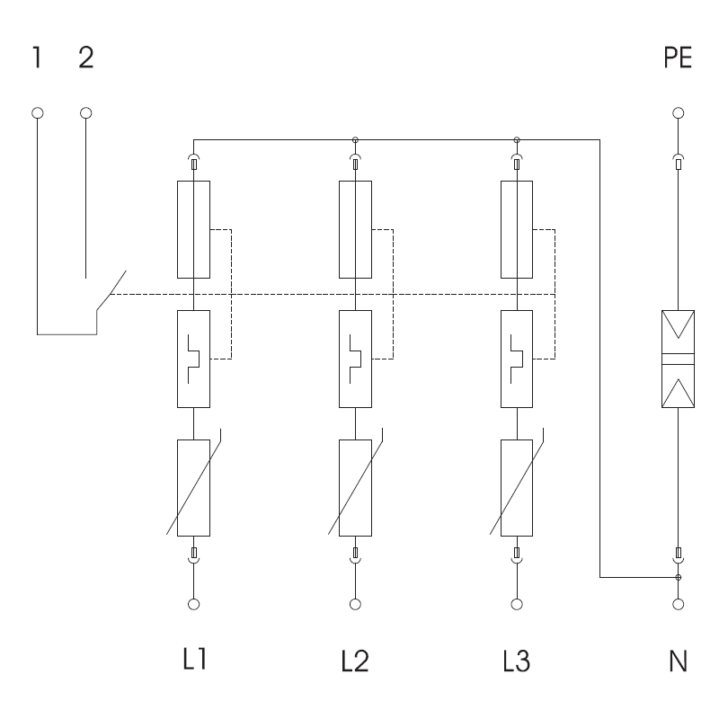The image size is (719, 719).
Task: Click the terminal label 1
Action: tap(37, 58)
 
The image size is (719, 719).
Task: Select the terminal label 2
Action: tap(86, 58)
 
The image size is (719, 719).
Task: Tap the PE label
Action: tap(678, 58)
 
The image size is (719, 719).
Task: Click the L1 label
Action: tap(195, 659)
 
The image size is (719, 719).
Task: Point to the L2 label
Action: tap(355, 661)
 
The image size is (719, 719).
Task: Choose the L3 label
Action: tap(516, 661)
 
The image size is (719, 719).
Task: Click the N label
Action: tap(679, 661)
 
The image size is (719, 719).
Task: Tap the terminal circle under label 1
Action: tap(38, 113)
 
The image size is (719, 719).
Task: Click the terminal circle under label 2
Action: tap(85, 113)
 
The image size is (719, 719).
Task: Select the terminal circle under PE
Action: tap(679, 113)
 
